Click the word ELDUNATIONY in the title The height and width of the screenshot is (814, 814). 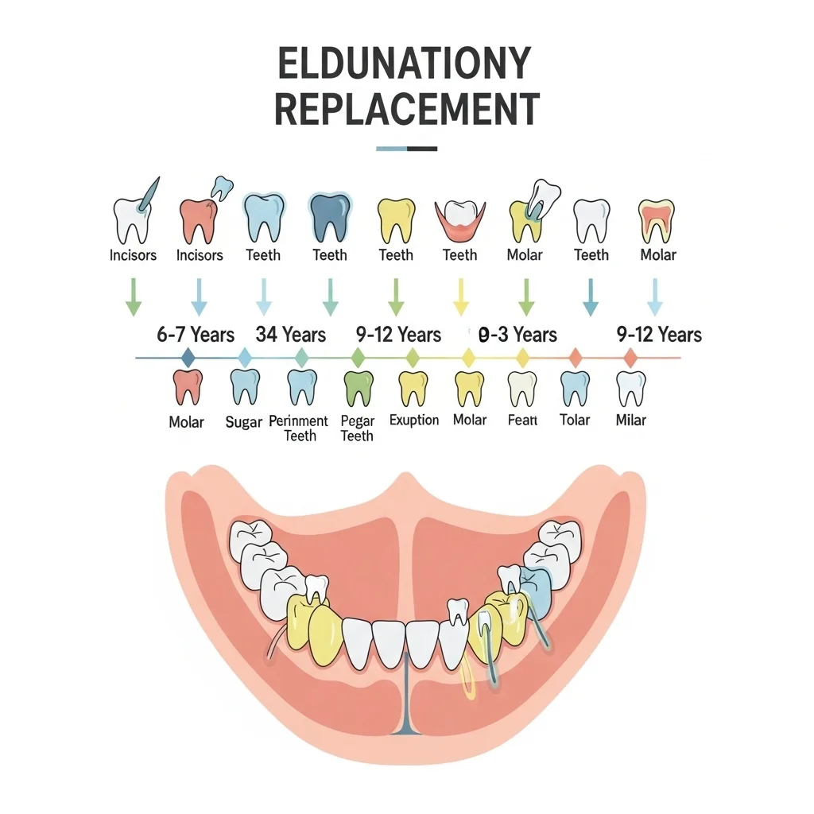tap(405, 64)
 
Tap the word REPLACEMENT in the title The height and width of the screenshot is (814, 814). tap(407, 109)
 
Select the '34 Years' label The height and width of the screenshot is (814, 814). tap(291, 335)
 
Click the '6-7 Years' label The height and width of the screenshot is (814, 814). tap(196, 335)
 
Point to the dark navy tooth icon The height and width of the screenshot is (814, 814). tap(330, 218)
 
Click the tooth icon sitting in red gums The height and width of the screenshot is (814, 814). tap(460, 220)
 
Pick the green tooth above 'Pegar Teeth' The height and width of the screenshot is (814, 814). tap(359, 389)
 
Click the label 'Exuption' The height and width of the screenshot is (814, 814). tap(414, 420)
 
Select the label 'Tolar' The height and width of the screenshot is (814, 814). tap(575, 420)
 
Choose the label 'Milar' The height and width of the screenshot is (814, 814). tap(630, 420)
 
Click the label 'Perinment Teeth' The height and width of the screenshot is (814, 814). tap(299, 428)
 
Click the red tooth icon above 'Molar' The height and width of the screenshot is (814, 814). tap(188, 387)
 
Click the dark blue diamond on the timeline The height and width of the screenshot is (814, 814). tap(188, 358)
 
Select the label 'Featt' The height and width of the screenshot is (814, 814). tap(522, 420)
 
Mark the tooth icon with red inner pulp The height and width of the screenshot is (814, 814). tap(657, 222)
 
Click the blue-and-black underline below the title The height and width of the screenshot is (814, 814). tap(406, 149)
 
